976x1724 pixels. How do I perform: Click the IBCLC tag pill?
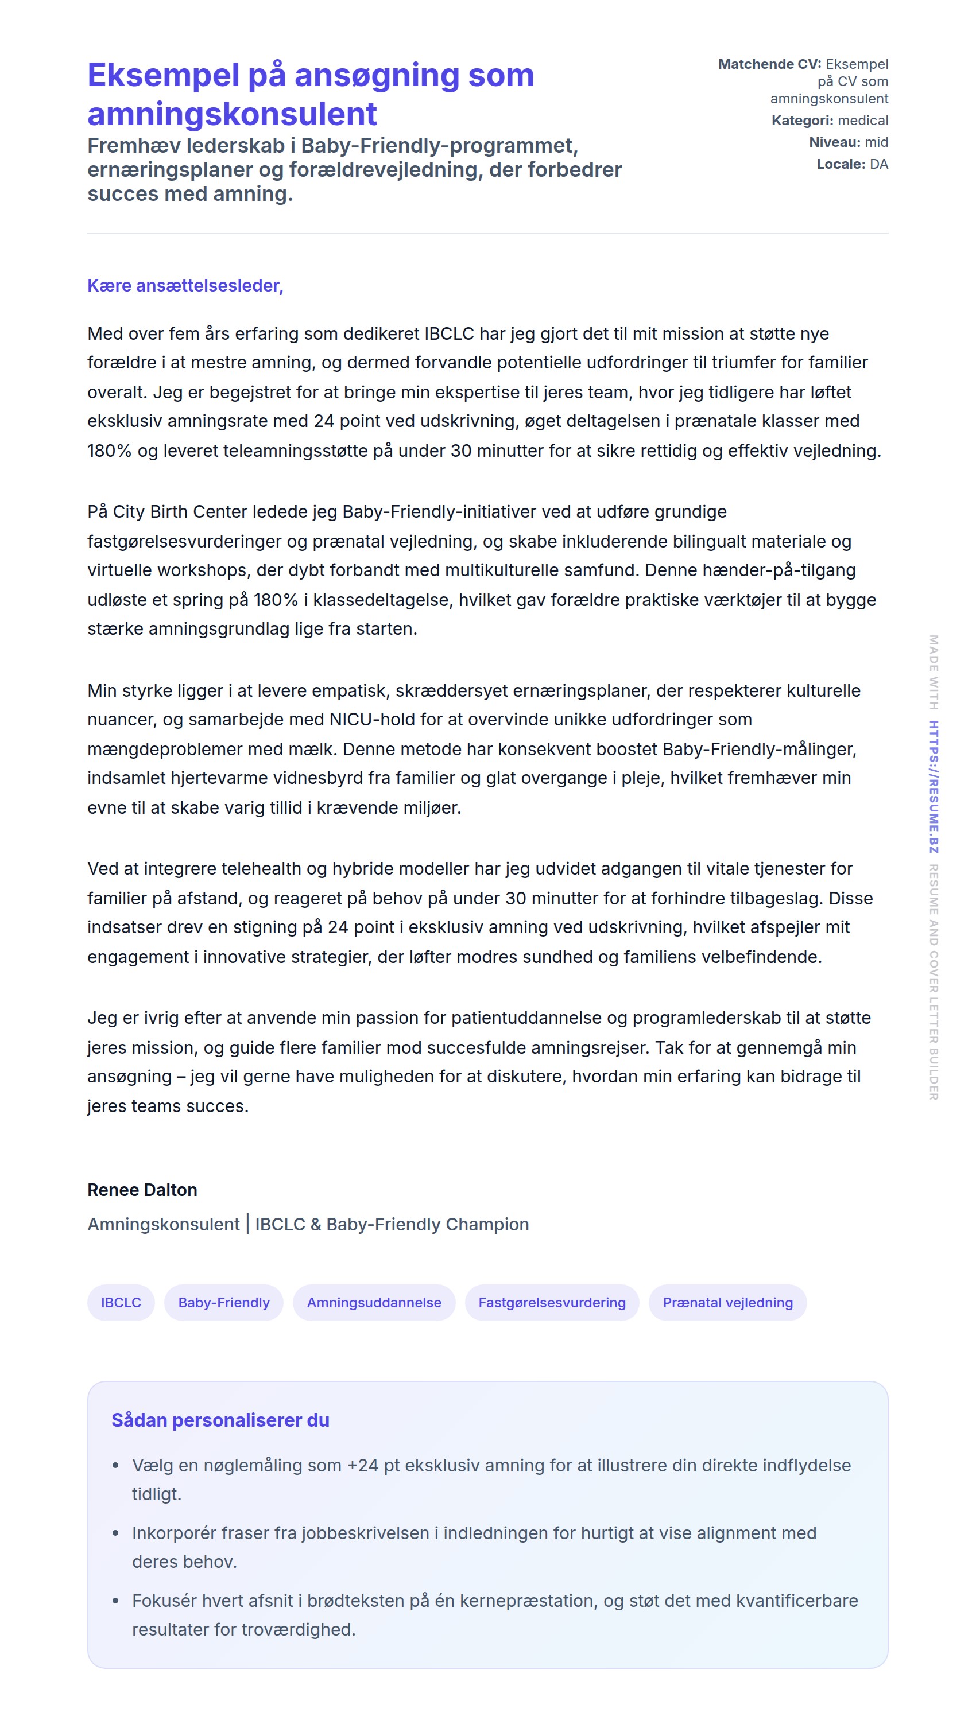(121, 1302)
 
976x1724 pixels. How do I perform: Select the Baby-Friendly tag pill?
(223, 1302)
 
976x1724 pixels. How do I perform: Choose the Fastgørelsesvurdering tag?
(552, 1302)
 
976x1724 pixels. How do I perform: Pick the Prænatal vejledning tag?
(727, 1302)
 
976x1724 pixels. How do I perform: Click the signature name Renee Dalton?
(142, 1189)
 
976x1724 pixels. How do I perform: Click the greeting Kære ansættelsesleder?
(185, 285)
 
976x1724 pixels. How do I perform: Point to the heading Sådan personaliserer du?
(220, 1420)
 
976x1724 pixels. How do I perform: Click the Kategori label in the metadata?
(801, 121)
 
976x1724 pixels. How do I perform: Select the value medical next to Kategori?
(863, 121)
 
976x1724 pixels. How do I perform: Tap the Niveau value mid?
(876, 142)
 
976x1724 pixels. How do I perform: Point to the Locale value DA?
(879, 164)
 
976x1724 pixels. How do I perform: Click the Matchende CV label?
(769, 64)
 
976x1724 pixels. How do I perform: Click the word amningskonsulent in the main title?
(232, 114)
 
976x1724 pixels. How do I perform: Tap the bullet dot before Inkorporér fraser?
(115, 1533)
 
